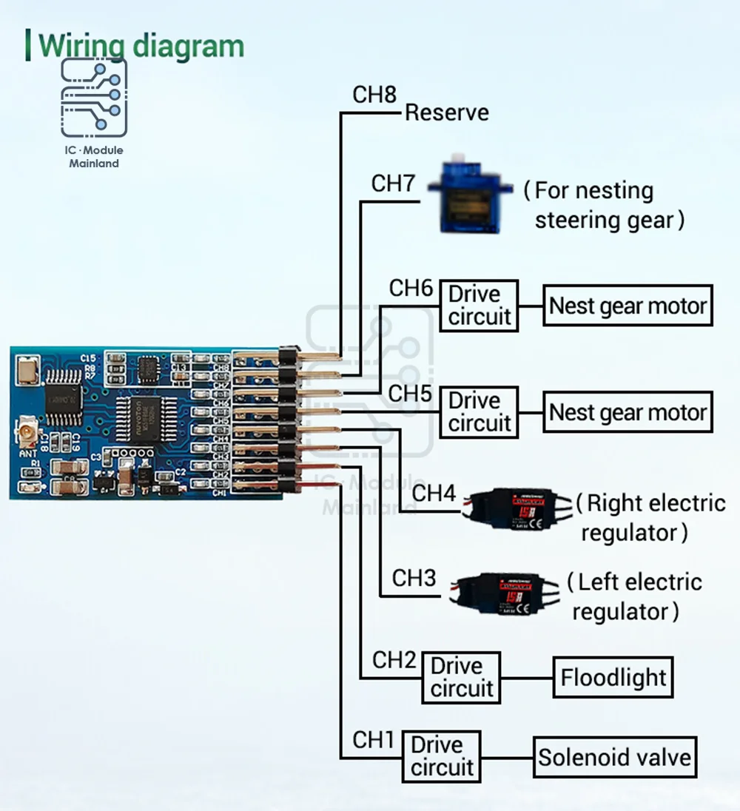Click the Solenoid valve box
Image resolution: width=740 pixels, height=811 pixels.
tap(614, 757)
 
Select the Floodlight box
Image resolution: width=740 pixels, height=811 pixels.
tap(613, 677)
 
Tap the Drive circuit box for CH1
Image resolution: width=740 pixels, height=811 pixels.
tap(442, 756)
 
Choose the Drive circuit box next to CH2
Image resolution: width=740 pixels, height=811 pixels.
tap(461, 677)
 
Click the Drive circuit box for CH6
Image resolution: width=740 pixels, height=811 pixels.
tap(479, 305)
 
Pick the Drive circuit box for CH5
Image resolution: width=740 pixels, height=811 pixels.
tap(479, 411)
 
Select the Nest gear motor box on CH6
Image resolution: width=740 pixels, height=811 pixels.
tap(628, 306)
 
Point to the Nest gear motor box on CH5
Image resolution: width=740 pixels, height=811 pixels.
tap(628, 412)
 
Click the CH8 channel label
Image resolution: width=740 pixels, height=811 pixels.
tap(374, 95)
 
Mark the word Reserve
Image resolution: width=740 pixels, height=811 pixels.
tap(447, 113)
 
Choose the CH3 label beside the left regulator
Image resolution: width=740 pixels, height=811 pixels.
tap(414, 578)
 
